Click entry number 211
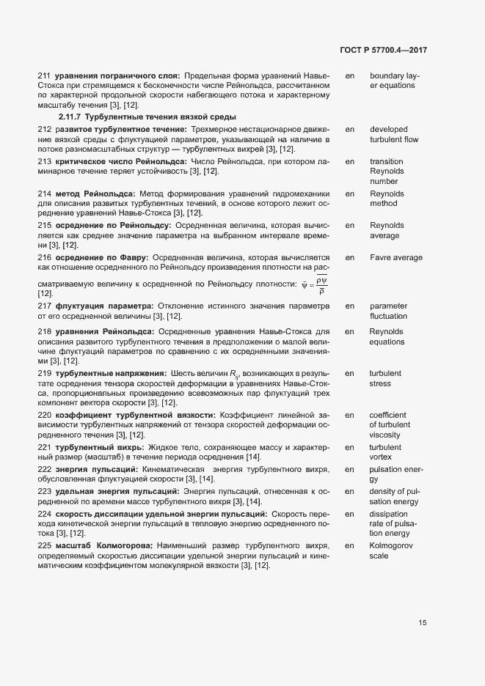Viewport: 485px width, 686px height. click(x=44, y=75)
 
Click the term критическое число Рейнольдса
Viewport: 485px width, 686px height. click(x=120, y=161)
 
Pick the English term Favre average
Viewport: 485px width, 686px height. click(x=395, y=258)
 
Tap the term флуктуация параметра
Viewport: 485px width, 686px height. click(x=103, y=306)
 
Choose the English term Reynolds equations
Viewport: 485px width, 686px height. click(x=387, y=336)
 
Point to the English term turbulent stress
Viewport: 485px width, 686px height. click(x=385, y=378)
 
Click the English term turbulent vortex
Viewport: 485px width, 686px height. click(x=385, y=452)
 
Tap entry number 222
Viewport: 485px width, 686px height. click(x=44, y=468)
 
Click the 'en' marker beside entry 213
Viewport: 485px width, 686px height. click(x=350, y=161)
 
